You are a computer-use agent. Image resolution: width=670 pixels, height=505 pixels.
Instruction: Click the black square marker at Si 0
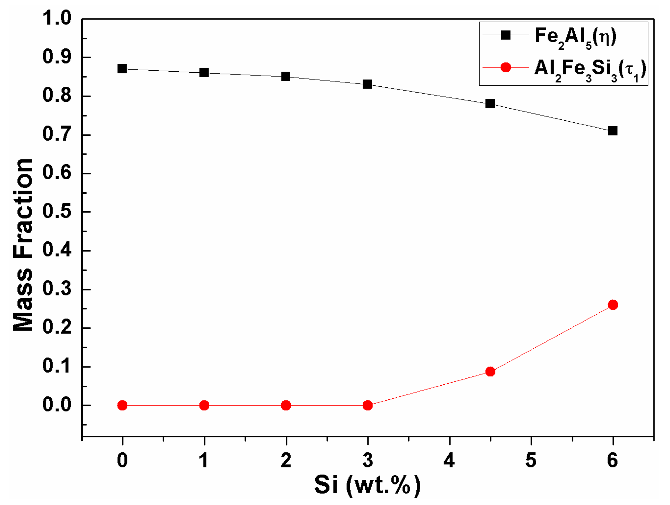tap(122, 69)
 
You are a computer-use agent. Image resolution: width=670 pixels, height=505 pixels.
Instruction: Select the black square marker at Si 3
tap(367, 84)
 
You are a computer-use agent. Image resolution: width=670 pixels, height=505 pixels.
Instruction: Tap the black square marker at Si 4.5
tap(490, 104)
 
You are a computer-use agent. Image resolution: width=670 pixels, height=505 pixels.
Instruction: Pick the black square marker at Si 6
tap(613, 131)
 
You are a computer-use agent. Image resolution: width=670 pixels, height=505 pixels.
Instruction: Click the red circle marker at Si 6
tap(613, 305)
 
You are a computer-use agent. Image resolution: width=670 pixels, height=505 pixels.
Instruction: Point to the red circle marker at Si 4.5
tap(490, 372)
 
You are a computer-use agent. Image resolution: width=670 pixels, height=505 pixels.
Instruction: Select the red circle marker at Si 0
tap(122, 405)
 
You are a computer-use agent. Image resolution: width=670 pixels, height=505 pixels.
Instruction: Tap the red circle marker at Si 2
tap(286, 405)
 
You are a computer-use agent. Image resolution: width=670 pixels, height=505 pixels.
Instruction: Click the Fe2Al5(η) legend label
tap(575, 37)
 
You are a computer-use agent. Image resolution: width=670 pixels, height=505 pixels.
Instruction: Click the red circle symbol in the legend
tap(506, 67)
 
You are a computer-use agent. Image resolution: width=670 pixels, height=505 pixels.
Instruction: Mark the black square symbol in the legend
tap(506, 35)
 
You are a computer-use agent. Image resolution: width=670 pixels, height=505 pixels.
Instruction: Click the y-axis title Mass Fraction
tap(23, 245)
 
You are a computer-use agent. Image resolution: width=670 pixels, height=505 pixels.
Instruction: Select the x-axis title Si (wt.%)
tap(367, 485)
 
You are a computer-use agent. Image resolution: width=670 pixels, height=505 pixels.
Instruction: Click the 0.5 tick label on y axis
tap(57, 212)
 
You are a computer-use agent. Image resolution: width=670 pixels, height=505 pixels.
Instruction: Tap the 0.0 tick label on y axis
tap(57, 405)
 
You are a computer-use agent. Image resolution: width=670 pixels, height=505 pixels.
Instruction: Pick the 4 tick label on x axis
tap(449, 460)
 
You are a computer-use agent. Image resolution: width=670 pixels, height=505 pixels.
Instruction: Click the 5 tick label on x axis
tap(531, 460)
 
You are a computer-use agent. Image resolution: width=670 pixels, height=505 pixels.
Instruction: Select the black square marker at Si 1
tap(204, 72)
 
